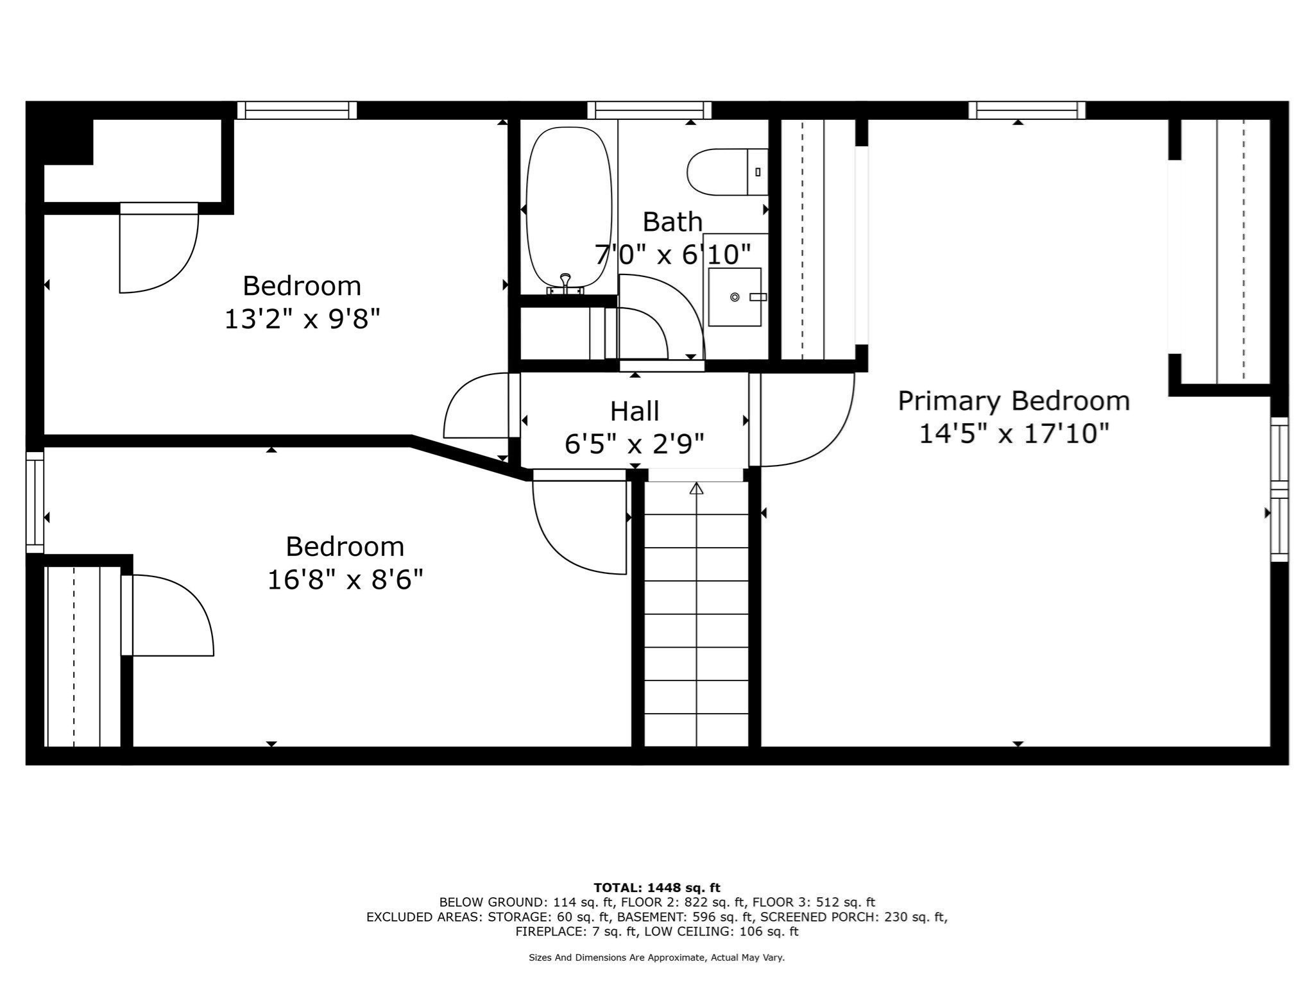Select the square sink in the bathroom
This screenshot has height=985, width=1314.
pos(735,297)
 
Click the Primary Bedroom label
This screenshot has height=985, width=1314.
pos(1014,401)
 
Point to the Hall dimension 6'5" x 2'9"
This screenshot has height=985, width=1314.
pos(634,444)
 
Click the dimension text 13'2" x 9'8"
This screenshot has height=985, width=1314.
pos(302,319)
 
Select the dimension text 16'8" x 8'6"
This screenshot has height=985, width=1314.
pos(345,580)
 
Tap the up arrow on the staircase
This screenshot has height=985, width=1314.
pos(696,489)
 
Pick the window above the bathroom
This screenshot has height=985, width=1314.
pos(649,110)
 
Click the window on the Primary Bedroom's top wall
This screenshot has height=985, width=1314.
pos(1027,110)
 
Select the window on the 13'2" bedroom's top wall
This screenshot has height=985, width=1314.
pos(296,110)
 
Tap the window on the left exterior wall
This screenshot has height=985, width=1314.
pos(35,502)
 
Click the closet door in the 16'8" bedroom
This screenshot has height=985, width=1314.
pos(170,616)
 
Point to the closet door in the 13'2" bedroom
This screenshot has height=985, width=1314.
pos(158,250)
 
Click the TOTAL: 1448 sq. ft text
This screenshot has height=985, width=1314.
pos(656,888)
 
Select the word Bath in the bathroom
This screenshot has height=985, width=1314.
pos(672,223)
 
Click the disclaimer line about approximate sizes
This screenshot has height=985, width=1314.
pos(656,957)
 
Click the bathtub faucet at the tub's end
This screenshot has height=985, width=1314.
pos(565,283)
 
